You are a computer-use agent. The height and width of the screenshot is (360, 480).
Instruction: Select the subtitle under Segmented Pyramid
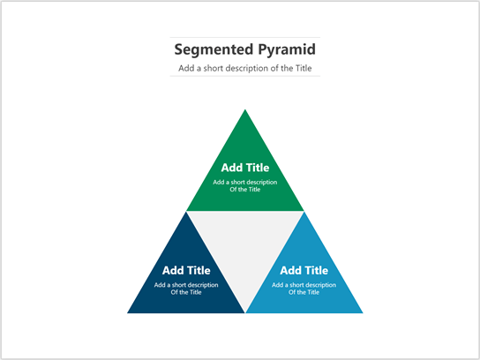[244, 68]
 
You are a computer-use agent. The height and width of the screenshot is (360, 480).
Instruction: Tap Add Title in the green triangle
[244, 167]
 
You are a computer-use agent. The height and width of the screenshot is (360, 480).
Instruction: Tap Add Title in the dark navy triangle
[186, 270]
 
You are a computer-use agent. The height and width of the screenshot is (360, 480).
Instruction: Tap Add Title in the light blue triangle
[304, 270]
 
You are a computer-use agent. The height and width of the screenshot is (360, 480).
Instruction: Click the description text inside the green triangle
[244, 185]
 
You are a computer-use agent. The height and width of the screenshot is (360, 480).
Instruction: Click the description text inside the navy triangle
[186, 289]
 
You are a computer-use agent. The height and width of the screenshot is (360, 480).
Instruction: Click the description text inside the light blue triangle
[304, 289]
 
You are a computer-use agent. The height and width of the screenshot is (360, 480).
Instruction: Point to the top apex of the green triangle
[244, 109]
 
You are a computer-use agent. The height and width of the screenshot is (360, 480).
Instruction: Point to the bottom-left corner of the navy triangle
[128, 312]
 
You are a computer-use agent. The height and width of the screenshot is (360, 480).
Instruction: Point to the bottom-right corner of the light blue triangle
[363, 312]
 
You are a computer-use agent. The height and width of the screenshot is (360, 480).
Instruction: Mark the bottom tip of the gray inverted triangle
[244, 311]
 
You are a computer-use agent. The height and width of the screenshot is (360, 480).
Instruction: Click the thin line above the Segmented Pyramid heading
[244, 37]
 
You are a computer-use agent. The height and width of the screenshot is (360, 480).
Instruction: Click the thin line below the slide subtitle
[244, 77]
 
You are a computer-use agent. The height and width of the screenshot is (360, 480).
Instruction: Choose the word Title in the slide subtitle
[301, 68]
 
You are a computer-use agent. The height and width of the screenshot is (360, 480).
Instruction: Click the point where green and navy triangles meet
[186, 212]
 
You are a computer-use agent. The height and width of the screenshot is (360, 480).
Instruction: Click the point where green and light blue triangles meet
[304, 212]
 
